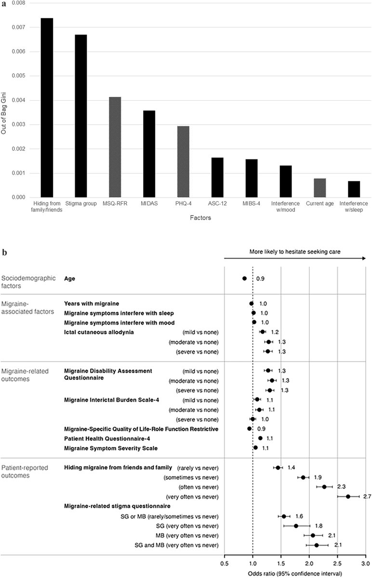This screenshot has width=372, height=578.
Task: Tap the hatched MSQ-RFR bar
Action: pos(114,147)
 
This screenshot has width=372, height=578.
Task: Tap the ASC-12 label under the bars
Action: pos(217,204)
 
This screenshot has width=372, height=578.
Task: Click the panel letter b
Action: pos(5,252)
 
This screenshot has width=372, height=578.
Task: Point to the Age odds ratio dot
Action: pos(244,278)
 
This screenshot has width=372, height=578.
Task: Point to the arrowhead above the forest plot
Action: pos(362,258)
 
